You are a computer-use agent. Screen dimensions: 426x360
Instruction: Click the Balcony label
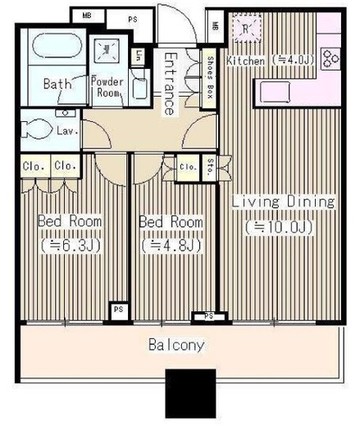175,345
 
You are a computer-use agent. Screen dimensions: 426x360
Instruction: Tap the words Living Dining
272,202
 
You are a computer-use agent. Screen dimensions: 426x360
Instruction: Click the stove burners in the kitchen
333,59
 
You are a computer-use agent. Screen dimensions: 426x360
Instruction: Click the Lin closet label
139,57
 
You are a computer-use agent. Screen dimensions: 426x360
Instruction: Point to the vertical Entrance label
169,84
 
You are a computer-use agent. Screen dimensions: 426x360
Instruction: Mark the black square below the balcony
190,394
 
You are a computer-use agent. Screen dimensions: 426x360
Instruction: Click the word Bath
55,84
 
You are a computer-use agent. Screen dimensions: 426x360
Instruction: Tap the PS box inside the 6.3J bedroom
118,310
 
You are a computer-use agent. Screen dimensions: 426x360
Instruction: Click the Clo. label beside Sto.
187,167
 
